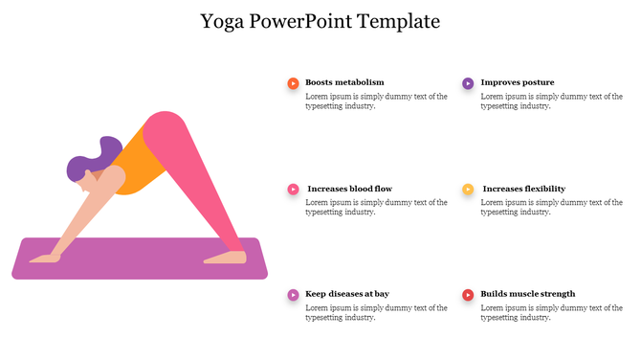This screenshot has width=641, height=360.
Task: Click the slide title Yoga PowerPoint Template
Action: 320,20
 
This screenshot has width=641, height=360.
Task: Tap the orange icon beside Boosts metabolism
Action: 293,83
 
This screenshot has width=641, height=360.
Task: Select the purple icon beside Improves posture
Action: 468,83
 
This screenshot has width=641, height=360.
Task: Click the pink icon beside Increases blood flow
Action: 293,190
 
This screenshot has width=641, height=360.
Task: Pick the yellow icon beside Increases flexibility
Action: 468,190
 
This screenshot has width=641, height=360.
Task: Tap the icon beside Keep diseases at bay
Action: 293,295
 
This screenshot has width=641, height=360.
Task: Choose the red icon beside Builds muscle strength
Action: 468,295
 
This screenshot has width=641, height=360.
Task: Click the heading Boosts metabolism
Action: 344,83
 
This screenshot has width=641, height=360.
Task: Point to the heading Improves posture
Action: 517,83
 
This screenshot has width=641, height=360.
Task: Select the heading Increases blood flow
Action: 349,190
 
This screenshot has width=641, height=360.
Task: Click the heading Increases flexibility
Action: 523,190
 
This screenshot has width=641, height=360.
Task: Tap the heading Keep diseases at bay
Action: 346,295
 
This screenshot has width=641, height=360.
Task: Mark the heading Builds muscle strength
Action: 527,295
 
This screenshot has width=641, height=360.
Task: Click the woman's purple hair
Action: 91,158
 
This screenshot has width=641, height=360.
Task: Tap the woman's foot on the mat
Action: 226,257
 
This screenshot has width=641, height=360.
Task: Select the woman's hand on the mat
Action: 44,259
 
